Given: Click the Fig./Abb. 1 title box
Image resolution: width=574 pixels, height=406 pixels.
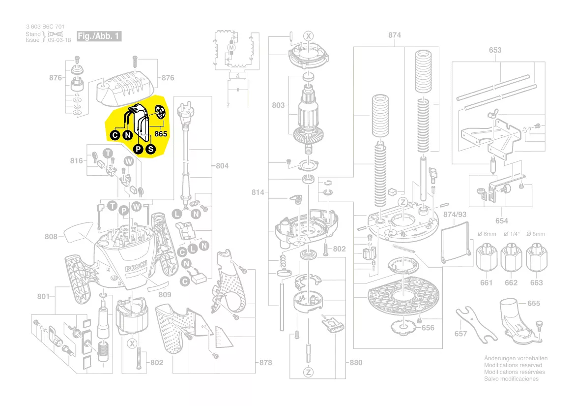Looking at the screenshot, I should point(99,36).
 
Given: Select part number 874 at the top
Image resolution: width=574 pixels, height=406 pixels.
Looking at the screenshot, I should point(395,35).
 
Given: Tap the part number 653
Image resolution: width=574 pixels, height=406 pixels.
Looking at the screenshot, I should point(495,50).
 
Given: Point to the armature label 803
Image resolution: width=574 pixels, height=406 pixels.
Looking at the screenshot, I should point(278,105).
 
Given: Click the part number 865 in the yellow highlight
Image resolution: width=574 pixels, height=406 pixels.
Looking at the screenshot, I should point(161,133).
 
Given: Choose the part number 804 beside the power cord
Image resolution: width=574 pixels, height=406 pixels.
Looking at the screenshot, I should point(222,166).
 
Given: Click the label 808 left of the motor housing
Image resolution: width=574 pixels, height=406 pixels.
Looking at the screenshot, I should point(51,237).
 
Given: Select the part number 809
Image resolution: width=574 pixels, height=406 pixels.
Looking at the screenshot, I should point(165,294).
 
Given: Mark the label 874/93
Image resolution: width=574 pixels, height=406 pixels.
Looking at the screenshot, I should point(454,215).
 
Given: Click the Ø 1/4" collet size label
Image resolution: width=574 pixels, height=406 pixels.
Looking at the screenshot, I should point(511,234).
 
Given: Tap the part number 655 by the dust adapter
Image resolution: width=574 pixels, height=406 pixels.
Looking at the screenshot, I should point(534,303).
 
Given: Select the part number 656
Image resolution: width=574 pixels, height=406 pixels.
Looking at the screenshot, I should point(428,327).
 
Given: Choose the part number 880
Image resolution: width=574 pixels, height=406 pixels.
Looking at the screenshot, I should point(356,363).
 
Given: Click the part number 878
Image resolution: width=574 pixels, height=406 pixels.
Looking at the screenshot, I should point(265,363).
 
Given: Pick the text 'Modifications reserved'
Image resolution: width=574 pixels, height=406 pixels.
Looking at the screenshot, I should point(513,365).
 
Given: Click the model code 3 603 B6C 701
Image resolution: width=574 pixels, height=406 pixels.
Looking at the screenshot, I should point(45,27).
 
